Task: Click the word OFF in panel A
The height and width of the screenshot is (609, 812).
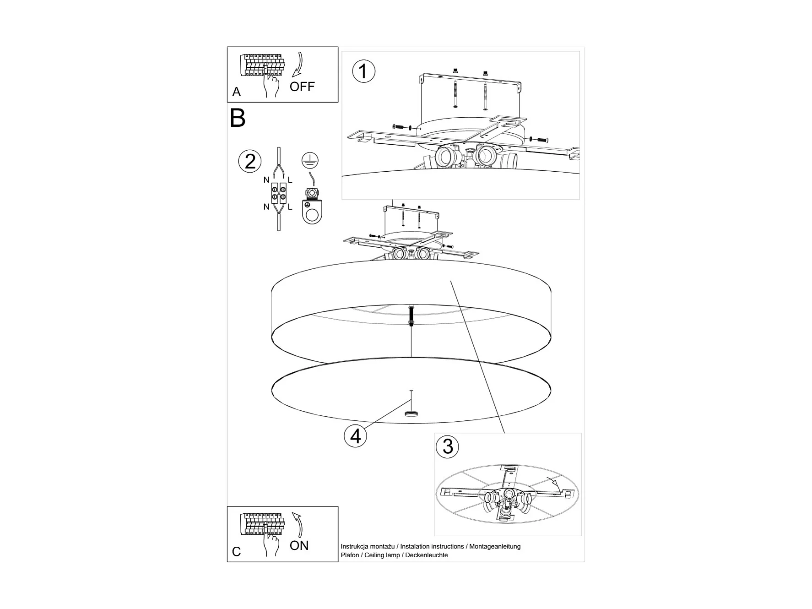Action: pos(302,87)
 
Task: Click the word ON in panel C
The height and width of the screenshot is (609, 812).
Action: pos(299,545)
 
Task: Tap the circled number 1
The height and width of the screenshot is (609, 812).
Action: pos(363,72)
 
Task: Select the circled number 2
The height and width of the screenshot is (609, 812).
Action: pos(250,162)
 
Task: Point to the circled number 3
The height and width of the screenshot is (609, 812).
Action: pos(448,446)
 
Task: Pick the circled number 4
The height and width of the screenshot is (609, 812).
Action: pos(356,436)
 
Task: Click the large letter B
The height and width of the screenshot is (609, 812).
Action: pos(238,118)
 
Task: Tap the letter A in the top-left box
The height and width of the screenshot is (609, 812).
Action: pos(236,92)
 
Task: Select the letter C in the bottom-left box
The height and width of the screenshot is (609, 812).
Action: pos(236,552)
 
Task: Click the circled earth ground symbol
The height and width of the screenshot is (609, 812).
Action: pos(310,160)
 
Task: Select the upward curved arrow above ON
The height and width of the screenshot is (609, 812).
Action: pos(298,523)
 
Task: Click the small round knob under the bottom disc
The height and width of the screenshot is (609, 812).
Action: pos(411,413)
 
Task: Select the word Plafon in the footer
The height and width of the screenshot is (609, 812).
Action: pos(350,555)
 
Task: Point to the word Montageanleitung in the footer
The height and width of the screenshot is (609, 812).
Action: pos(495,546)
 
